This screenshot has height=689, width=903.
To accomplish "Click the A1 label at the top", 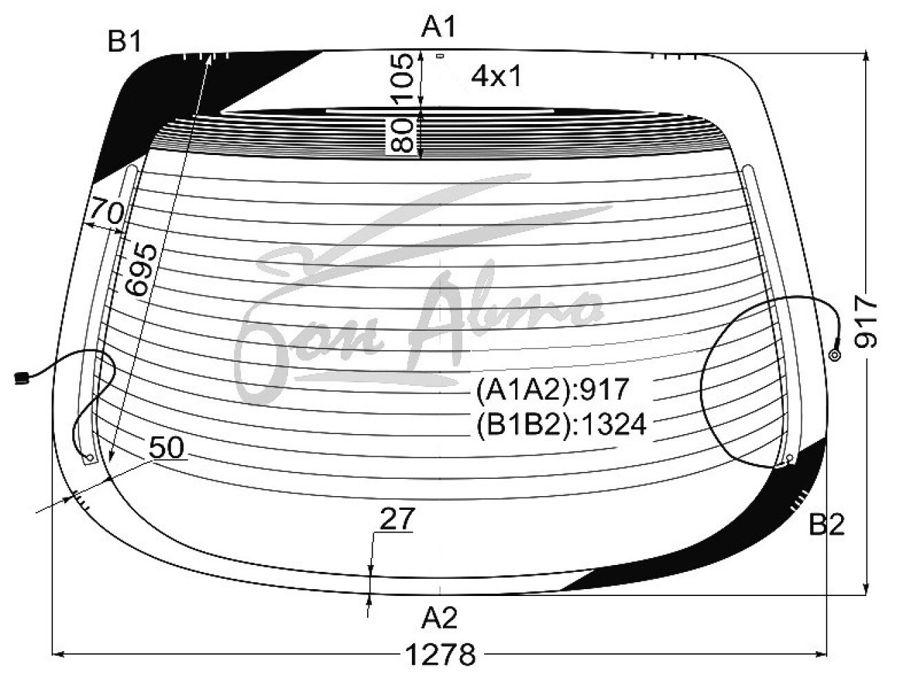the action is tap(438, 28).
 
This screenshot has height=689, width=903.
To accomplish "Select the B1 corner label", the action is tap(124, 41).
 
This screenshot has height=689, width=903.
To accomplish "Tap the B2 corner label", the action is tap(827, 524).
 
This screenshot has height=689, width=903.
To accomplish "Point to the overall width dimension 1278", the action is tap(441, 655).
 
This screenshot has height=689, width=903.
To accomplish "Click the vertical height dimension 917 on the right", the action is tap(866, 321).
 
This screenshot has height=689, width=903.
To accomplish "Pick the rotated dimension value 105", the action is tap(401, 78).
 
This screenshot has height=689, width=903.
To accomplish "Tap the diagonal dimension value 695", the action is tap(141, 269).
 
